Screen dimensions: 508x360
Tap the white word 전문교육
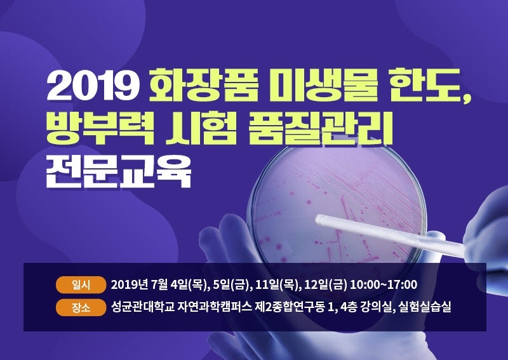(119, 171)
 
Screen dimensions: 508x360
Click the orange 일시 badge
(81, 285)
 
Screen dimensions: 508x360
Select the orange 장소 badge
(81, 307)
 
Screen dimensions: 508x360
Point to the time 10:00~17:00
(384, 284)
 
